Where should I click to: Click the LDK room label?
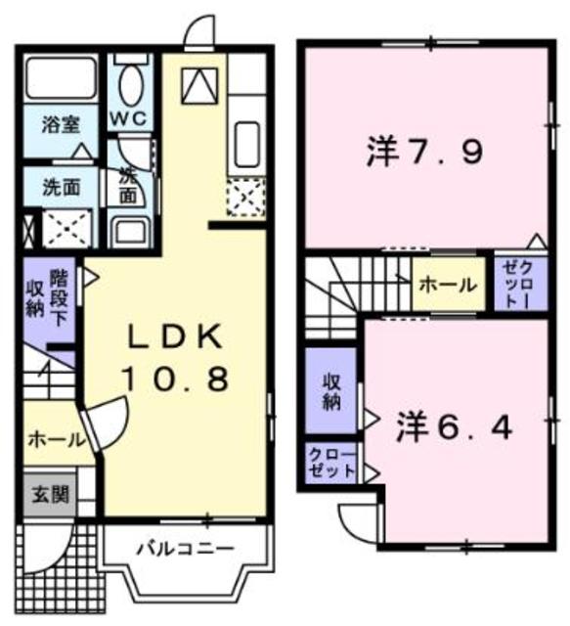(177, 337)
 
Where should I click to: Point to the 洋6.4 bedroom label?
(455, 426)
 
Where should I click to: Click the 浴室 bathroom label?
(61, 125)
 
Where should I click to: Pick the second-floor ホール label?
(448, 285)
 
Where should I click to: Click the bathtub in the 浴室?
(61, 76)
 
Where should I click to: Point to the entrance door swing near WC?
(200, 31)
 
